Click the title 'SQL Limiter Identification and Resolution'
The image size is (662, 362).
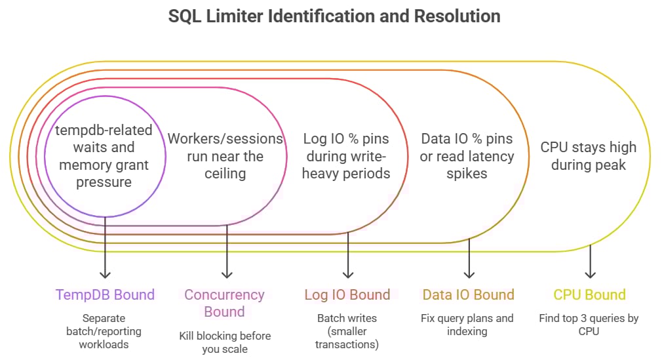coord(334,16)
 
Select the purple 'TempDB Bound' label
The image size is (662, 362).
coord(105,295)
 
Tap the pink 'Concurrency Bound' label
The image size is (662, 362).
coord(224,303)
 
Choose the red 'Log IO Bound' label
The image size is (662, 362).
coord(347,295)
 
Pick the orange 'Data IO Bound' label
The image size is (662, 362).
coord(468,295)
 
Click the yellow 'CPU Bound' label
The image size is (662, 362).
coord(589,295)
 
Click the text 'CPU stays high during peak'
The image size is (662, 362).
coord(588,156)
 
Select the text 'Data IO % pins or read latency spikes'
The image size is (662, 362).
coord(467,156)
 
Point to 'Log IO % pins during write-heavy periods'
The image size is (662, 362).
coord(346,156)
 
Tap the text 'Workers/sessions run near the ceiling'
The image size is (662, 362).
coord(225,156)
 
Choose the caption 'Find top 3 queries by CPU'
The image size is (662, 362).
coord(589,325)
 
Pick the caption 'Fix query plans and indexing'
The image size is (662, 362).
coord(468,325)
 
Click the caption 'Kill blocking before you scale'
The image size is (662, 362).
coord(225,342)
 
